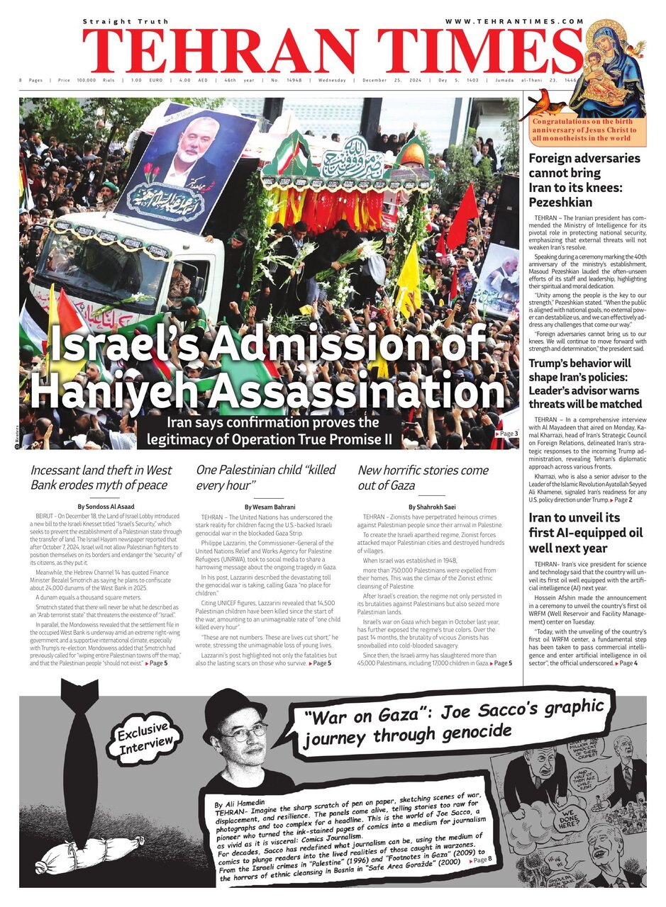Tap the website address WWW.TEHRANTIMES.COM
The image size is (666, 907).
[x=514, y=22]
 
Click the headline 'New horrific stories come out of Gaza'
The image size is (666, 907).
[x=423, y=478]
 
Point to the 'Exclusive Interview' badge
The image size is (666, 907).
[x=145, y=735]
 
